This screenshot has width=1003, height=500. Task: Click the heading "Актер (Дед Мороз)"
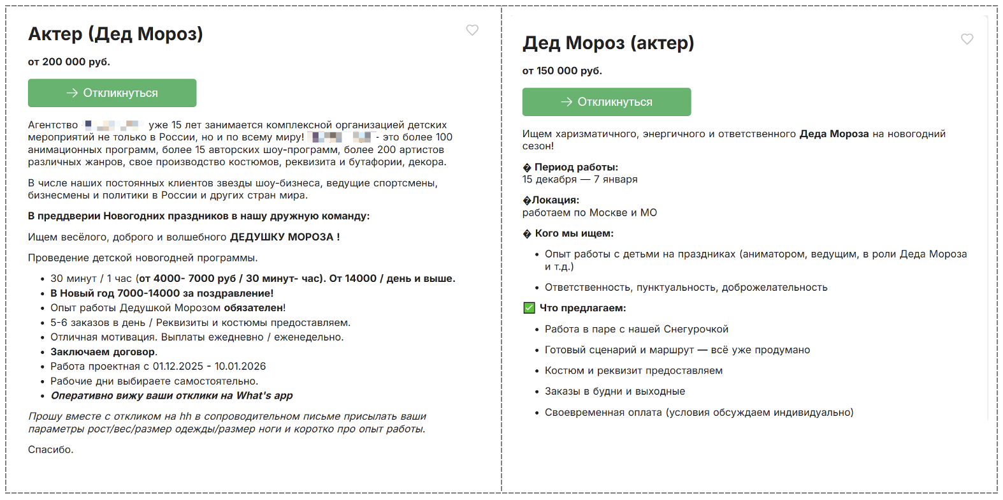pyautogui.click(x=115, y=34)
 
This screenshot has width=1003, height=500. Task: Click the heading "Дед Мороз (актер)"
pyautogui.click(x=608, y=43)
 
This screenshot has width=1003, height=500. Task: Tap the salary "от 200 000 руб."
pyautogui.click(x=69, y=62)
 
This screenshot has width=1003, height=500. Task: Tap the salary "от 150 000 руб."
pyautogui.click(x=562, y=71)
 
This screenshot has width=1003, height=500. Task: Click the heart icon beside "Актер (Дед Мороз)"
pyautogui.click(x=472, y=30)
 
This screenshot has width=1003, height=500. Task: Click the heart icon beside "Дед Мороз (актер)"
pyautogui.click(x=967, y=39)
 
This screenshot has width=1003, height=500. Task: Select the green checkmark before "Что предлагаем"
pyautogui.click(x=529, y=308)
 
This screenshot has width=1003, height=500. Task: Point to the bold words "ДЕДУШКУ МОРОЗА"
pyautogui.click(x=282, y=237)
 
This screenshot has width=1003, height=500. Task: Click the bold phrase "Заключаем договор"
pyautogui.click(x=103, y=352)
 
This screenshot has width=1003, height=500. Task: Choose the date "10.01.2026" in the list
pyautogui.click(x=240, y=367)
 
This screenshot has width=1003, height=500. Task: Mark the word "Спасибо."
pyautogui.click(x=50, y=450)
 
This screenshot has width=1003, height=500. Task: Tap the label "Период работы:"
pyautogui.click(x=576, y=167)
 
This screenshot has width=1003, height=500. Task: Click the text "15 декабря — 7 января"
pyautogui.click(x=580, y=179)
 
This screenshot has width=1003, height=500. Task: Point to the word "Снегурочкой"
pyautogui.click(x=696, y=329)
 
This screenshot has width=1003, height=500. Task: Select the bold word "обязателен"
pyautogui.click(x=253, y=308)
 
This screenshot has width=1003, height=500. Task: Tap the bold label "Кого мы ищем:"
pyautogui.click(x=574, y=233)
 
